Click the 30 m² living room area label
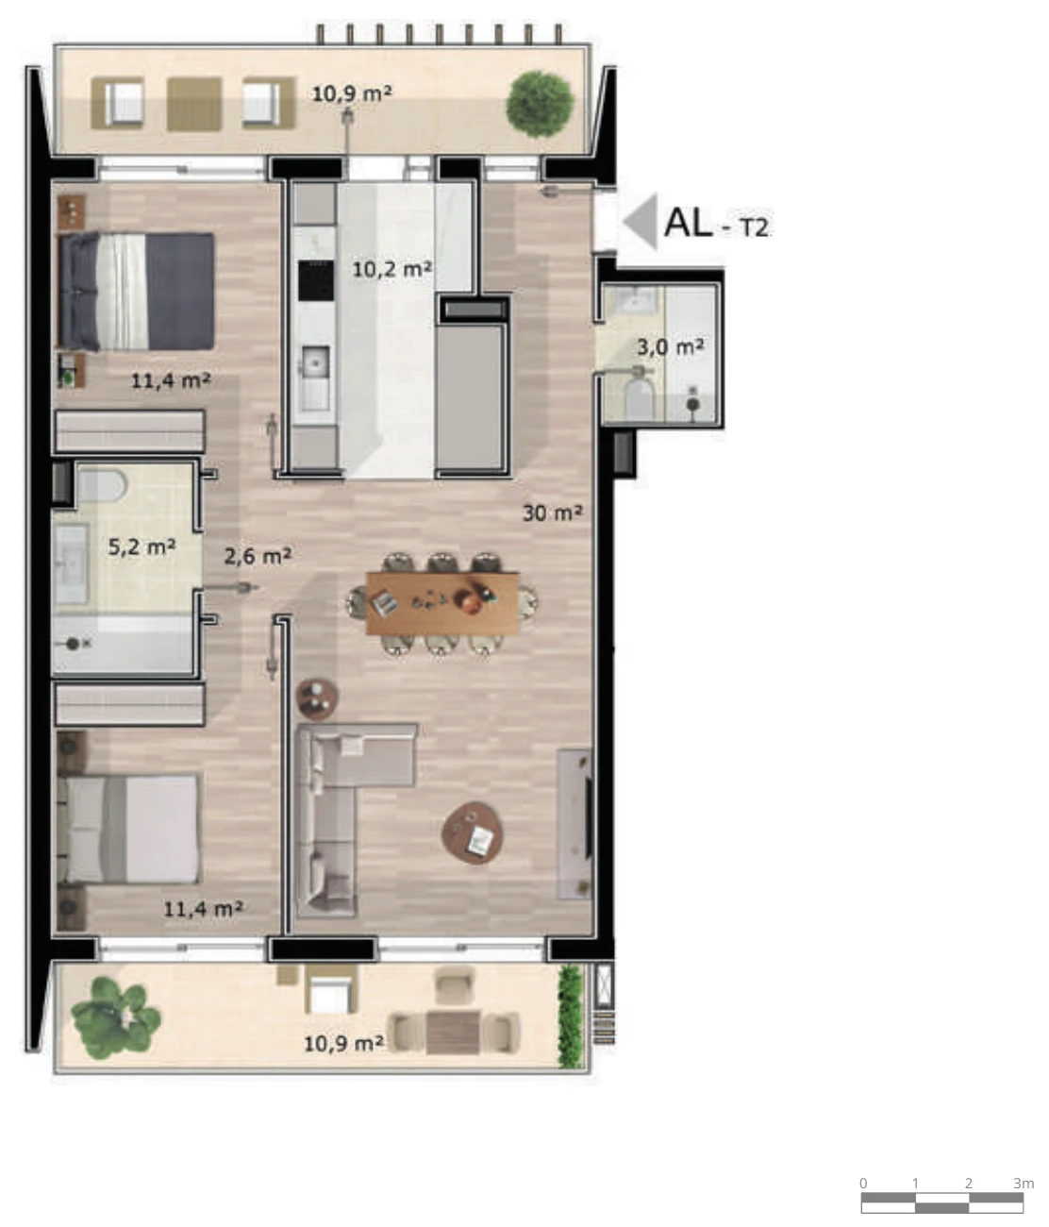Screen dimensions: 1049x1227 552,513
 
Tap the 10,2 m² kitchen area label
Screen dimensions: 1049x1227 391,270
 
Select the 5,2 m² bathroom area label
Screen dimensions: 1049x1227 142,546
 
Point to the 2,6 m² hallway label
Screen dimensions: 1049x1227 258,556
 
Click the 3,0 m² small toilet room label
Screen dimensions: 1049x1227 671,346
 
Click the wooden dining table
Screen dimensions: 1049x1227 442,603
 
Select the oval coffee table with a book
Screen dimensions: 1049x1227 473,832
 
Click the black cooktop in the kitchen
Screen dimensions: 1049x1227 315,280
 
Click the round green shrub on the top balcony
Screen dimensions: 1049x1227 540,105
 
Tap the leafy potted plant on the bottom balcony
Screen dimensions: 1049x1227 116,1017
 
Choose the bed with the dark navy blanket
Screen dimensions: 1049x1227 137,291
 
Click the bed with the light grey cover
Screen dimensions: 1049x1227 128,829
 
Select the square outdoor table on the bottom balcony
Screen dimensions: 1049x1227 453,1033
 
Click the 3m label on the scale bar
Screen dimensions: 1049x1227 1024,1183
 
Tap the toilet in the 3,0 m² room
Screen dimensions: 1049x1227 639,395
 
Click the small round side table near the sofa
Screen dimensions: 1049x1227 317,698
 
